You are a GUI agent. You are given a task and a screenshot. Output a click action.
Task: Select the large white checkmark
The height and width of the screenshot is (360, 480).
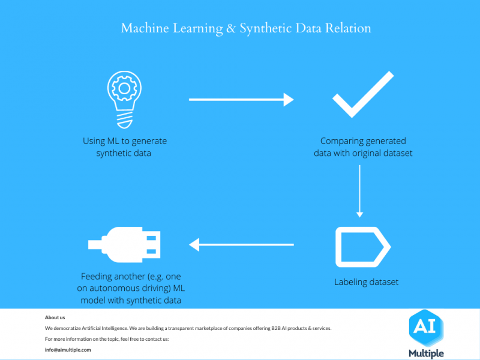tap(363, 94)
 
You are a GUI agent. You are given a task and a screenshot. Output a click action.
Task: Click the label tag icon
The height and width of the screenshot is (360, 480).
tap(339, 247)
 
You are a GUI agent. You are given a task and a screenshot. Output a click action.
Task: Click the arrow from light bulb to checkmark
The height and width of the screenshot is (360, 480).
tap(241, 100)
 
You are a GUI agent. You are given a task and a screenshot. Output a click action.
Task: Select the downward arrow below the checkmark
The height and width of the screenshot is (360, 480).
tap(359, 191)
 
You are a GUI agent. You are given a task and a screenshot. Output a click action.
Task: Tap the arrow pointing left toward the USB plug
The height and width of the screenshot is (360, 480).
tap(241, 245)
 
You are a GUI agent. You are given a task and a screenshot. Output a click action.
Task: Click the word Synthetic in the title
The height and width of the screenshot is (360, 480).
tap(265, 28)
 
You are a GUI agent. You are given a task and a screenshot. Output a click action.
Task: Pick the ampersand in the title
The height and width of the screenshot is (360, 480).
tap(231, 28)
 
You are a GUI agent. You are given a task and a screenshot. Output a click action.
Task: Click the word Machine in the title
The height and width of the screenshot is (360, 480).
tap(145, 28)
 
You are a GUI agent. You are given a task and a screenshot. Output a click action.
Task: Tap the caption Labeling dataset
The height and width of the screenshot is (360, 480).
tap(366, 282)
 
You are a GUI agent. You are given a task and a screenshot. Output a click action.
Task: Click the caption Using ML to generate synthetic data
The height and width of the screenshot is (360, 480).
tap(125, 147)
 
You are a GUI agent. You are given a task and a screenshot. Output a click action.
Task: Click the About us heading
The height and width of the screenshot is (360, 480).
tap(55, 317)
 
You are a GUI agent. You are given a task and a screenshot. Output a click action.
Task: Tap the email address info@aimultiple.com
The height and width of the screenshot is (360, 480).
tap(68, 350)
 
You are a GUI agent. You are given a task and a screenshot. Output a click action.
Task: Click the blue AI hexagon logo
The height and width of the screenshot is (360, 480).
tap(426, 328)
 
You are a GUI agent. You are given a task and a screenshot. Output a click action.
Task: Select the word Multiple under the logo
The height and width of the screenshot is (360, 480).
tap(426, 353)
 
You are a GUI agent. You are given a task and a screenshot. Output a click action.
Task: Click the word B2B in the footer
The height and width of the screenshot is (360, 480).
tap(275, 328)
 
